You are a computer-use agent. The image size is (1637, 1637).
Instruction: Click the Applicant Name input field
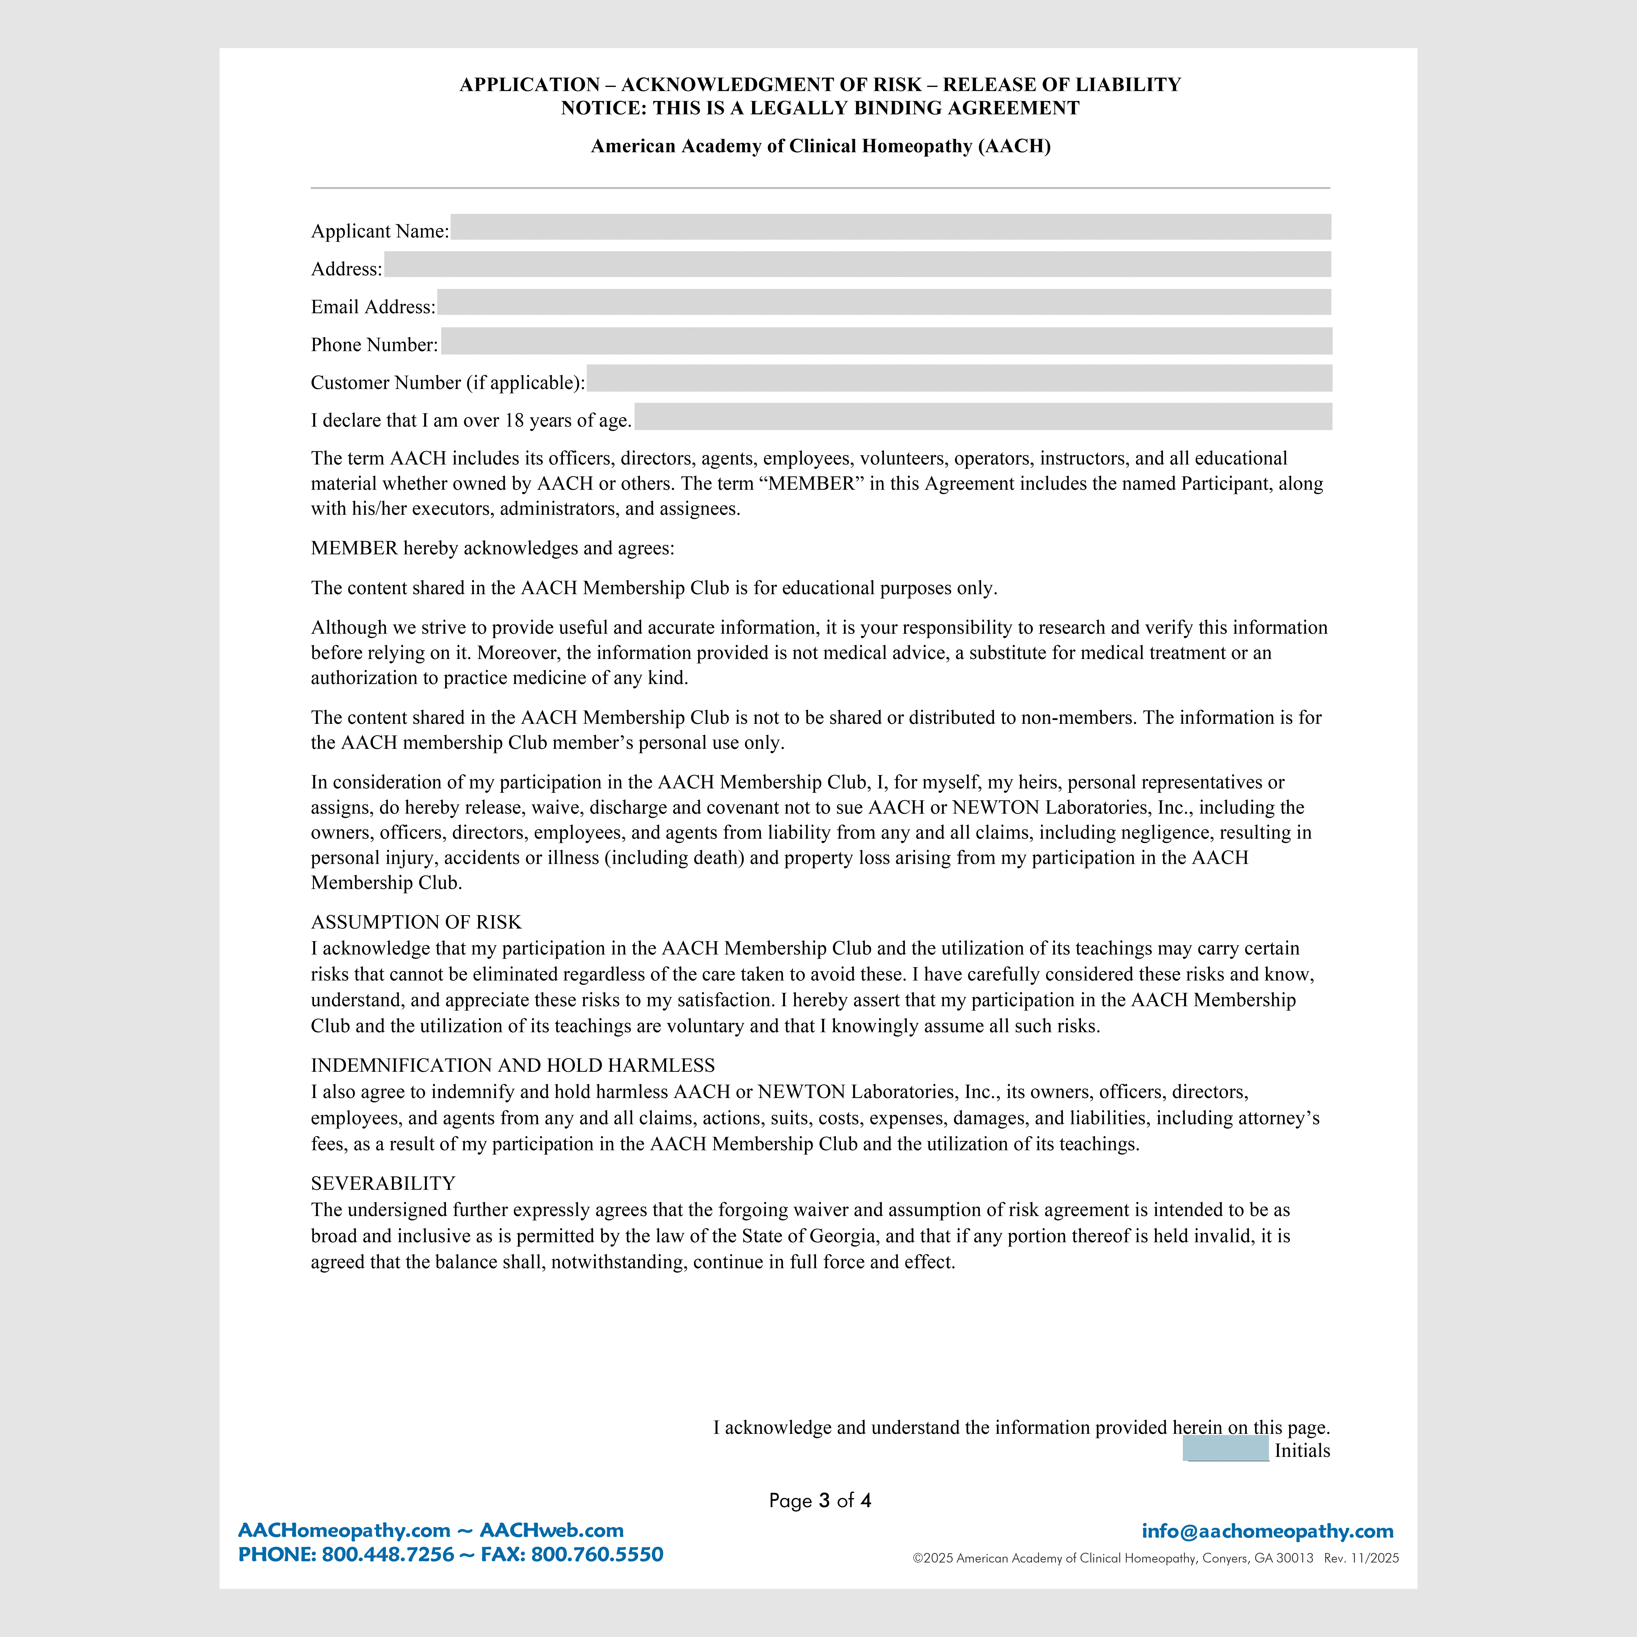tap(890, 227)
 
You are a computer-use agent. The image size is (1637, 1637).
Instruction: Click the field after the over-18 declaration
tap(983, 417)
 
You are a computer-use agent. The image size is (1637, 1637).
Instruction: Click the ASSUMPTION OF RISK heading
tap(416, 922)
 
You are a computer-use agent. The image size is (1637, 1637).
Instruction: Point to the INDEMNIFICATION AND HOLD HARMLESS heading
tap(513, 1065)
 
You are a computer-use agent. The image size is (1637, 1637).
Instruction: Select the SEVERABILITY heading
tap(383, 1183)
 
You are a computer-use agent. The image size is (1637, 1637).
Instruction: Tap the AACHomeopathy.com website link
tap(344, 1530)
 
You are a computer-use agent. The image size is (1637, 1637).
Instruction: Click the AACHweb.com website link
tap(551, 1530)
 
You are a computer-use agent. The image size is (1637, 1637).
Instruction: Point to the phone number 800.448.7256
tap(388, 1555)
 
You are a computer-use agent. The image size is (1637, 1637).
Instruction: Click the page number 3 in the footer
tap(824, 1501)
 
